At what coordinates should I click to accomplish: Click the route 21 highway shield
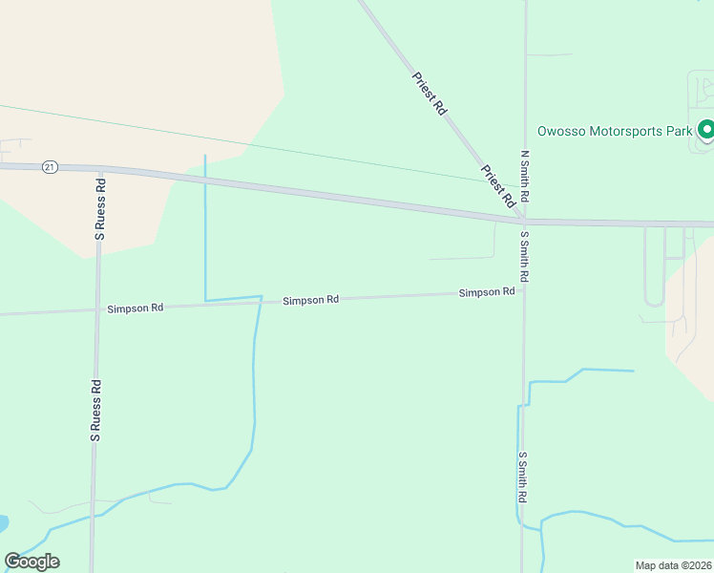coord(50,166)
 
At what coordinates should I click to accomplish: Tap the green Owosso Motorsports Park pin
coord(706,130)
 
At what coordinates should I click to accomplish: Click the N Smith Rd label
coord(524,175)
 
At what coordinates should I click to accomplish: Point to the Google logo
coord(31,562)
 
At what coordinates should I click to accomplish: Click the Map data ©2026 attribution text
coord(674,564)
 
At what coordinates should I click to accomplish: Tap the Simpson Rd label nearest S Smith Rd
coord(487,292)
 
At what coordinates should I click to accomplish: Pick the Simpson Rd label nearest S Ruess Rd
coord(136,308)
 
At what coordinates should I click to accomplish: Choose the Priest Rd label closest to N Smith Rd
coord(498,185)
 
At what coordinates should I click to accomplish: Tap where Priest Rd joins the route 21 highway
coord(518,220)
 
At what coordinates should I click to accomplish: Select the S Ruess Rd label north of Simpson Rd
coord(98,206)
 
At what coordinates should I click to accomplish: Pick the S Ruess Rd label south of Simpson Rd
coord(95,410)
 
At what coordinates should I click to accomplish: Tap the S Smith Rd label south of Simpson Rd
coord(523,477)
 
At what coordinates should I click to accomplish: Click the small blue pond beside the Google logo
coord(3,524)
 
